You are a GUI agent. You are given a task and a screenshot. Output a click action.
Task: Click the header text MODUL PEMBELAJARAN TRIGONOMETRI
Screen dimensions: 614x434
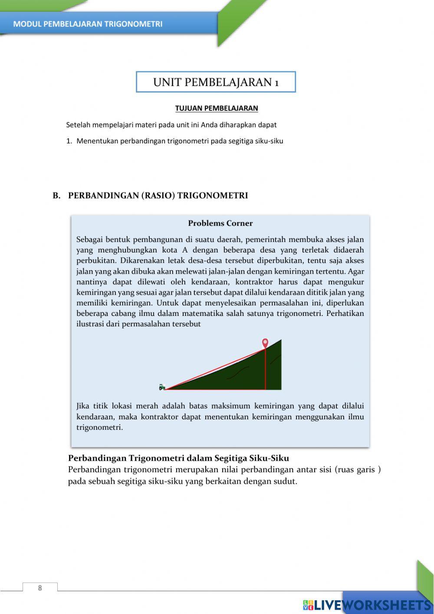click(88, 24)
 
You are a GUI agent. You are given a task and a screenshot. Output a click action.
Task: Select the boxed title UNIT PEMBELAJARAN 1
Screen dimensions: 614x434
click(216, 82)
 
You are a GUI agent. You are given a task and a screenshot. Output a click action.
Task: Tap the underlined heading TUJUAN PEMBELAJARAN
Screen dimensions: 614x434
click(217, 108)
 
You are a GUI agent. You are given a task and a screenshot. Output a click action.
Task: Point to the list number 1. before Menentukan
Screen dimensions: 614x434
click(69, 141)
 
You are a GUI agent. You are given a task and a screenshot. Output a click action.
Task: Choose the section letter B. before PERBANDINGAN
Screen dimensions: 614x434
click(56, 196)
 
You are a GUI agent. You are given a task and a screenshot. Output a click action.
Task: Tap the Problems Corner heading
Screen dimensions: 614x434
click(220, 223)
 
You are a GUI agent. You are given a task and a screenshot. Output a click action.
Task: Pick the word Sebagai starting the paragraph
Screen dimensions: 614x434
click(89, 239)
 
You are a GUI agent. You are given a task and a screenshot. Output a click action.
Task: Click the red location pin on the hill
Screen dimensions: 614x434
click(265, 343)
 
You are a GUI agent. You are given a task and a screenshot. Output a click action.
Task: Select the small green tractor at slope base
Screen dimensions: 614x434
click(162, 387)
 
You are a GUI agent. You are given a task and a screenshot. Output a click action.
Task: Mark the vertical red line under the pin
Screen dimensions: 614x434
click(265, 369)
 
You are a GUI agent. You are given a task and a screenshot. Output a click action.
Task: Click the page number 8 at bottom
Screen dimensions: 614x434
click(40, 588)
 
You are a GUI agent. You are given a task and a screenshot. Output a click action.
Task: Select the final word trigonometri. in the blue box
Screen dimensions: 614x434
click(99, 427)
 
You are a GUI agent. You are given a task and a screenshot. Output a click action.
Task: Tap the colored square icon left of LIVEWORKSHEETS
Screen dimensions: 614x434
click(308, 605)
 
